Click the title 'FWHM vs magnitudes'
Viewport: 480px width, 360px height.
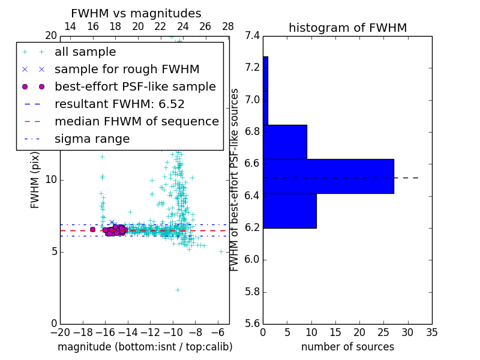click(x=136, y=13)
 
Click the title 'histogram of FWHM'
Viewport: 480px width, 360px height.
click(x=347, y=28)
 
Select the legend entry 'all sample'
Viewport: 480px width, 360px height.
click(x=85, y=52)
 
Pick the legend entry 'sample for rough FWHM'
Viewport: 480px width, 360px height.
click(x=127, y=70)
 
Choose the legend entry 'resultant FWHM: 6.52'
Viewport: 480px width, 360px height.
click(x=119, y=104)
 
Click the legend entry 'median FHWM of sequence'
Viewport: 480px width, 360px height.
click(x=136, y=122)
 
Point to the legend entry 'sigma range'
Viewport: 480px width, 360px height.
click(x=92, y=139)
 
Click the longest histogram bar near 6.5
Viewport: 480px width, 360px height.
click(x=328, y=176)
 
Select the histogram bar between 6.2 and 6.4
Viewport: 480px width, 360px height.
click(x=290, y=211)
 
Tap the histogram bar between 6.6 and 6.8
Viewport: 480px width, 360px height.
click(x=285, y=142)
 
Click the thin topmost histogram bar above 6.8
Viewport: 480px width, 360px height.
click(x=265, y=91)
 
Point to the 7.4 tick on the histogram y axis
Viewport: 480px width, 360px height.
click(x=253, y=35)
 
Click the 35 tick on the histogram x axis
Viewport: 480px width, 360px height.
click(x=431, y=332)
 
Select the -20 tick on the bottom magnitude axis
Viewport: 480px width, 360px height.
click(x=60, y=332)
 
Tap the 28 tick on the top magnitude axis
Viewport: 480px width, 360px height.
click(x=228, y=26)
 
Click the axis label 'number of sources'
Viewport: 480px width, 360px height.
click(x=347, y=347)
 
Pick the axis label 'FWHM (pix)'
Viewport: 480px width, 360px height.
click(x=35, y=179)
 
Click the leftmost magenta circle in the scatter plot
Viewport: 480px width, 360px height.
click(x=92, y=229)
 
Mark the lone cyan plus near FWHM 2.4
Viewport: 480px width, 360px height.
click(x=178, y=290)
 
